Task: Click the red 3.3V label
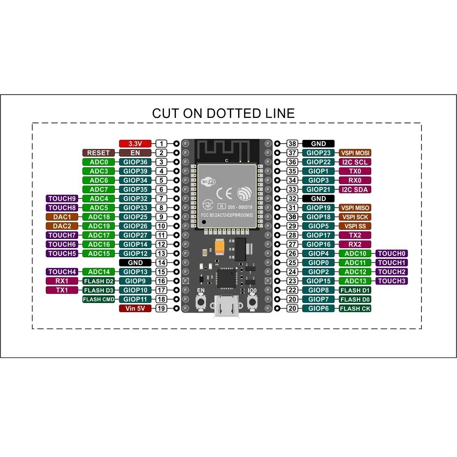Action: (135, 143)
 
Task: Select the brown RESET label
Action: (98, 153)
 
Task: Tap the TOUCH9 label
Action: (62, 198)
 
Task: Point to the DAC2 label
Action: (62, 226)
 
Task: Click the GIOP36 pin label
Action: (135, 162)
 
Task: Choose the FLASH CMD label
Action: (98, 299)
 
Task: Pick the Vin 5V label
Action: (135, 308)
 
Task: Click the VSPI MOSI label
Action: (355, 153)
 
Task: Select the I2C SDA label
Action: (355, 189)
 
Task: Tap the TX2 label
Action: (355, 235)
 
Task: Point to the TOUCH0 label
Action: (392, 253)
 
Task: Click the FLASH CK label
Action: (355, 308)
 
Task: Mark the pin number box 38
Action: (293, 143)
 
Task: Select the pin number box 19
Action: (161, 308)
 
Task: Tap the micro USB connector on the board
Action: (226, 308)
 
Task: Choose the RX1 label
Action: (62, 281)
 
